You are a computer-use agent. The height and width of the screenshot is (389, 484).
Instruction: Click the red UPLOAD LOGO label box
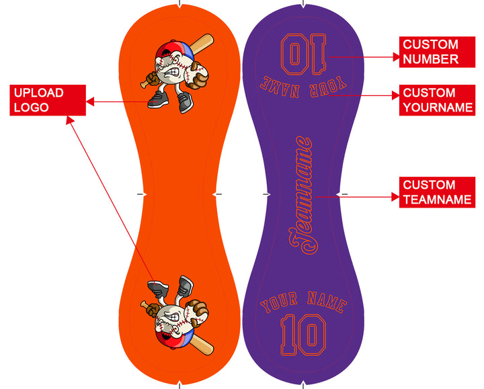pos(48,100)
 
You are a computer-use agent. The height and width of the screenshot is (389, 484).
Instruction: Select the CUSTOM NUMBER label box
pos(437,52)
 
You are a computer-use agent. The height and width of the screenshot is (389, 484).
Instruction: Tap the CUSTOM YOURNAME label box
pos(437,100)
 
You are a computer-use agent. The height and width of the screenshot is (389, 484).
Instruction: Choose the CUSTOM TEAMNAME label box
pos(437,192)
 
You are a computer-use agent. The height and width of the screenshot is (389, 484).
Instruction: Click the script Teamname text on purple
pos(303,196)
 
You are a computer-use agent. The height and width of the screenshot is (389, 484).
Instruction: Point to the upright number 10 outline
pos(303,335)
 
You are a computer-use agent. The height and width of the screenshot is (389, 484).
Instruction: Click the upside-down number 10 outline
pos(303,54)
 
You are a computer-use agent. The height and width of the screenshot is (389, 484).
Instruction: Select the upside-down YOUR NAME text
pos(302,87)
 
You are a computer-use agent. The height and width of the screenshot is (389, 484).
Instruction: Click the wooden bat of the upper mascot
pos(200,44)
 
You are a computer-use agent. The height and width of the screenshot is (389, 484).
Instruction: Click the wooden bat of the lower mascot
pos(200,345)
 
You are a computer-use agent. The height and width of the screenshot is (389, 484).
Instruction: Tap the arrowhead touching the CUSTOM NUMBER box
pos(396,57)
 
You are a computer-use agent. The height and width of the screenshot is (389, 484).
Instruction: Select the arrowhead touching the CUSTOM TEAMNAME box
pos(395,197)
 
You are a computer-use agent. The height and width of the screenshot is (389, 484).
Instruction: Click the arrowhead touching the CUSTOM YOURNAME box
pos(396,95)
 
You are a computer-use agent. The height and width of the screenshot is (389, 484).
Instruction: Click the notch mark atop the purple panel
pos(303,4)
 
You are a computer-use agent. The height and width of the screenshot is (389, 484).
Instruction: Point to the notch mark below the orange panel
pos(179,385)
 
